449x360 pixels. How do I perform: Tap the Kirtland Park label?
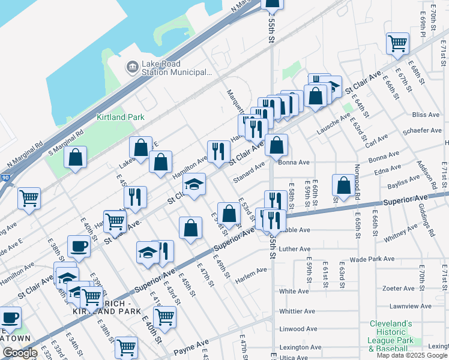click(x=120, y=117)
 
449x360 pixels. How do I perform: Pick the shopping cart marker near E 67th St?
click(x=397, y=44)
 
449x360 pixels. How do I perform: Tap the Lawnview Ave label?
click(x=411, y=305)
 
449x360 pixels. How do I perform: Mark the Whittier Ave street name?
click(x=297, y=311)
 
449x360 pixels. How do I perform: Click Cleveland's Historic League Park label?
click(x=391, y=335)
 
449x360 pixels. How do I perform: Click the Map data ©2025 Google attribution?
click(x=412, y=355)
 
